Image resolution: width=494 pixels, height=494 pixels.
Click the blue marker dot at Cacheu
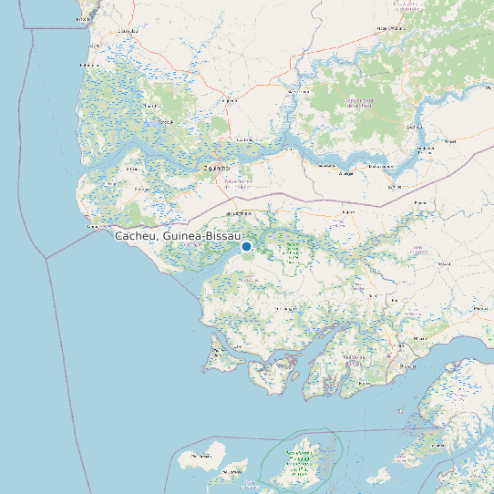[x=246, y=246]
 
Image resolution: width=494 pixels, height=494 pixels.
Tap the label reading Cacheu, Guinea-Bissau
[x=177, y=235]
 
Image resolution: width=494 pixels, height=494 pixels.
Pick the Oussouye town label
[x=141, y=189]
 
